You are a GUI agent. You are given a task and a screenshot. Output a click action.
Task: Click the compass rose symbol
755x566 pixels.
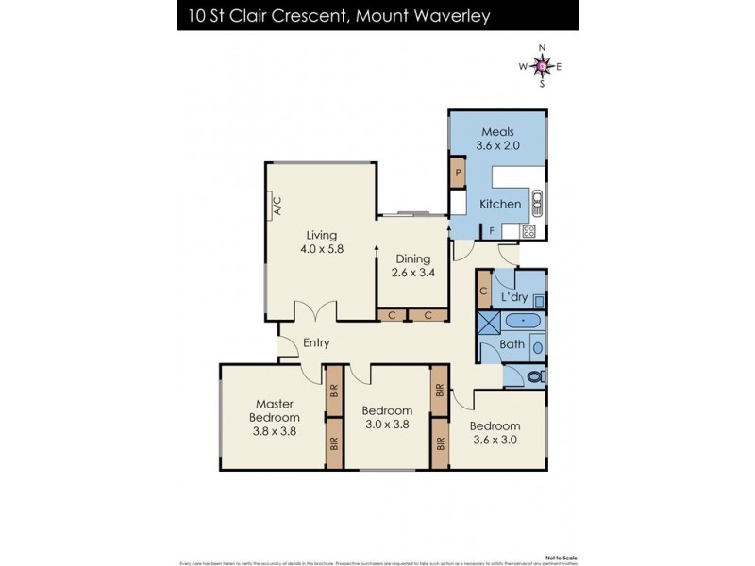pyautogui.click(x=542, y=65)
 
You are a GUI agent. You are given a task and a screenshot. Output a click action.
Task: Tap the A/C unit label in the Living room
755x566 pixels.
pyautogui.click(x=278, y=205)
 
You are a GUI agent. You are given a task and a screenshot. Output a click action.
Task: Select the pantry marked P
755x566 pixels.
pyautogui.click(x=458, y=174)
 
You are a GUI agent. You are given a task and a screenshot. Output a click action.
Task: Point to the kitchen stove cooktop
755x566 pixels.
pyautogui.click(x=529, y=231)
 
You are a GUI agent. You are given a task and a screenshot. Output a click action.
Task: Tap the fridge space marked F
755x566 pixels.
pyautogui.click(x=492, y=231)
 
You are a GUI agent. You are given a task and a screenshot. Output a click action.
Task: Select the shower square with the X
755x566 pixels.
pyautogui.click(x=490, y=323)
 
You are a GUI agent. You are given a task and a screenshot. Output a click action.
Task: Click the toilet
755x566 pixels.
pyautogui.click(x=534, y=376)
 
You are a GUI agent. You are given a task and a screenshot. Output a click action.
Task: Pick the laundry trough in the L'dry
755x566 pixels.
pyautogui.click(x=539, y=301)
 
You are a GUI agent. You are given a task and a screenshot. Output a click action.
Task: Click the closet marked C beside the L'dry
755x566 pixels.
pyautogui.click(x=482, y=292)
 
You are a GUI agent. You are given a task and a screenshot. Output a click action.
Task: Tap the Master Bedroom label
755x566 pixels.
pyautogui.click(x=275, y=410)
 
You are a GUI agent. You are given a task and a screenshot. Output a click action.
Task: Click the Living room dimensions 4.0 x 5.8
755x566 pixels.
pyautogui.click(x=322, y=250)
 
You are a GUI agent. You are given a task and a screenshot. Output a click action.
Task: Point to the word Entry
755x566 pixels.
pyautogui.click(x=315, y=343)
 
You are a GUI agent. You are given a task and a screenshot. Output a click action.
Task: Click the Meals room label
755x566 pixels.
pyautogui.click(x=497, y=132)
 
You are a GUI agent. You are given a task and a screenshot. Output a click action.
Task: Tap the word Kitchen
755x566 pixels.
pyautogui.click(x=500, y=204)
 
